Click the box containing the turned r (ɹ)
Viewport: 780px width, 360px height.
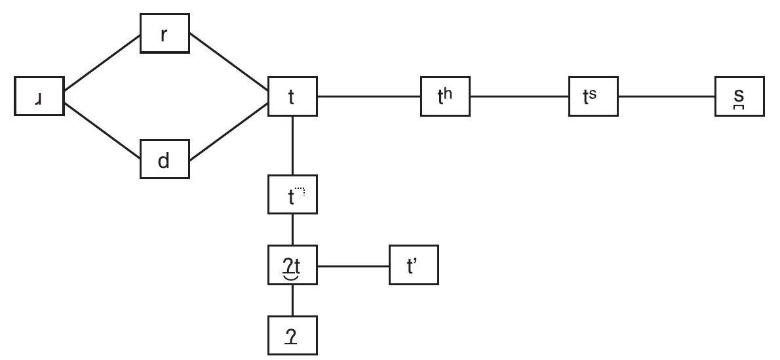click(x=39, y=96)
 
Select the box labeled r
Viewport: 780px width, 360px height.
click(x=165, y=34)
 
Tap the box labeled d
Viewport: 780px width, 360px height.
click(x=165, y=159)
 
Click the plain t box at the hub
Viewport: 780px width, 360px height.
click(x=292, y=96)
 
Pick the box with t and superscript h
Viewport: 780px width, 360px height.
click(x=445, y=96)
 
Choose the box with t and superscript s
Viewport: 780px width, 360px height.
click(x=593, y=96)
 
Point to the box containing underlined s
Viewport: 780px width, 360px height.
click(x=739, y=96)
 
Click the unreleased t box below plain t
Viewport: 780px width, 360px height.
click(x=292, y=195)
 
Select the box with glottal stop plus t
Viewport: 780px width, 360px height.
click(x=292, y=266)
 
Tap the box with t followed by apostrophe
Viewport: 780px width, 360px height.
click(x=414, y=266)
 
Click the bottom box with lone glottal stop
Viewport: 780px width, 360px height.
click(x=292, y=335)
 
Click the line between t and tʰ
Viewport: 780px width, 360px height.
click(x=369, y=96)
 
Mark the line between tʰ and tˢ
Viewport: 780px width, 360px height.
click(x=519, y=96)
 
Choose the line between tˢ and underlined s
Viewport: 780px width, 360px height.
click(x=667, y=96)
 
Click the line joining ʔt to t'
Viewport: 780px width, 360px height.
click(x=353, y=266)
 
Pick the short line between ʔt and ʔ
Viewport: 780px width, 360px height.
click(x=292, y=300)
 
